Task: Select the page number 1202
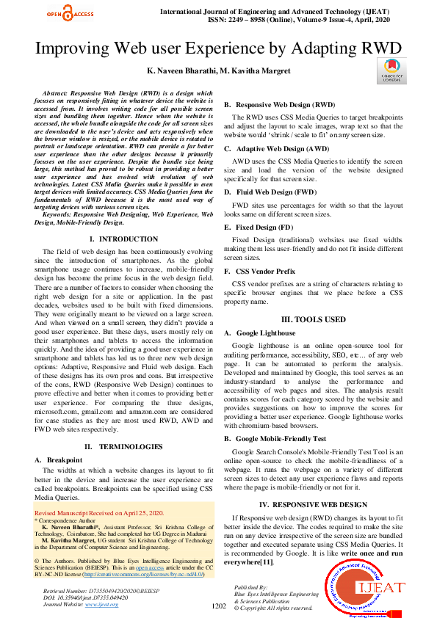(x=218, y=606)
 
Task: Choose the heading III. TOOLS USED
(x=314, y=320)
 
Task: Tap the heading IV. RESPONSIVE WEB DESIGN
(x=314, y=505)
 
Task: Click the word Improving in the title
(x=79, y=48)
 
